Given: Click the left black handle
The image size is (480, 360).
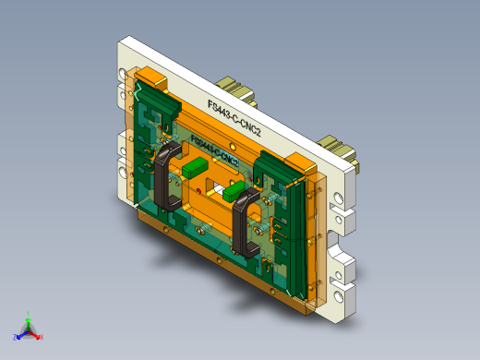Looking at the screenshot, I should [x=164, y=175].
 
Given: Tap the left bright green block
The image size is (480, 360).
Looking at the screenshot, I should [x=195, y=168].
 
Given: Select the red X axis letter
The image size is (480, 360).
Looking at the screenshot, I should [x=42, y=337].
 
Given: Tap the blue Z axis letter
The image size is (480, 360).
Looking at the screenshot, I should [x=16, y=337].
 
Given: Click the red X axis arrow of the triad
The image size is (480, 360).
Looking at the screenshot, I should [x=35, y=333].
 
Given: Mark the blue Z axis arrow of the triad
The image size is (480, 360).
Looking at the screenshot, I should [x=22, y=333].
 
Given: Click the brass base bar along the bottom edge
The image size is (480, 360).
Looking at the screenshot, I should [x=222, y=263].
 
